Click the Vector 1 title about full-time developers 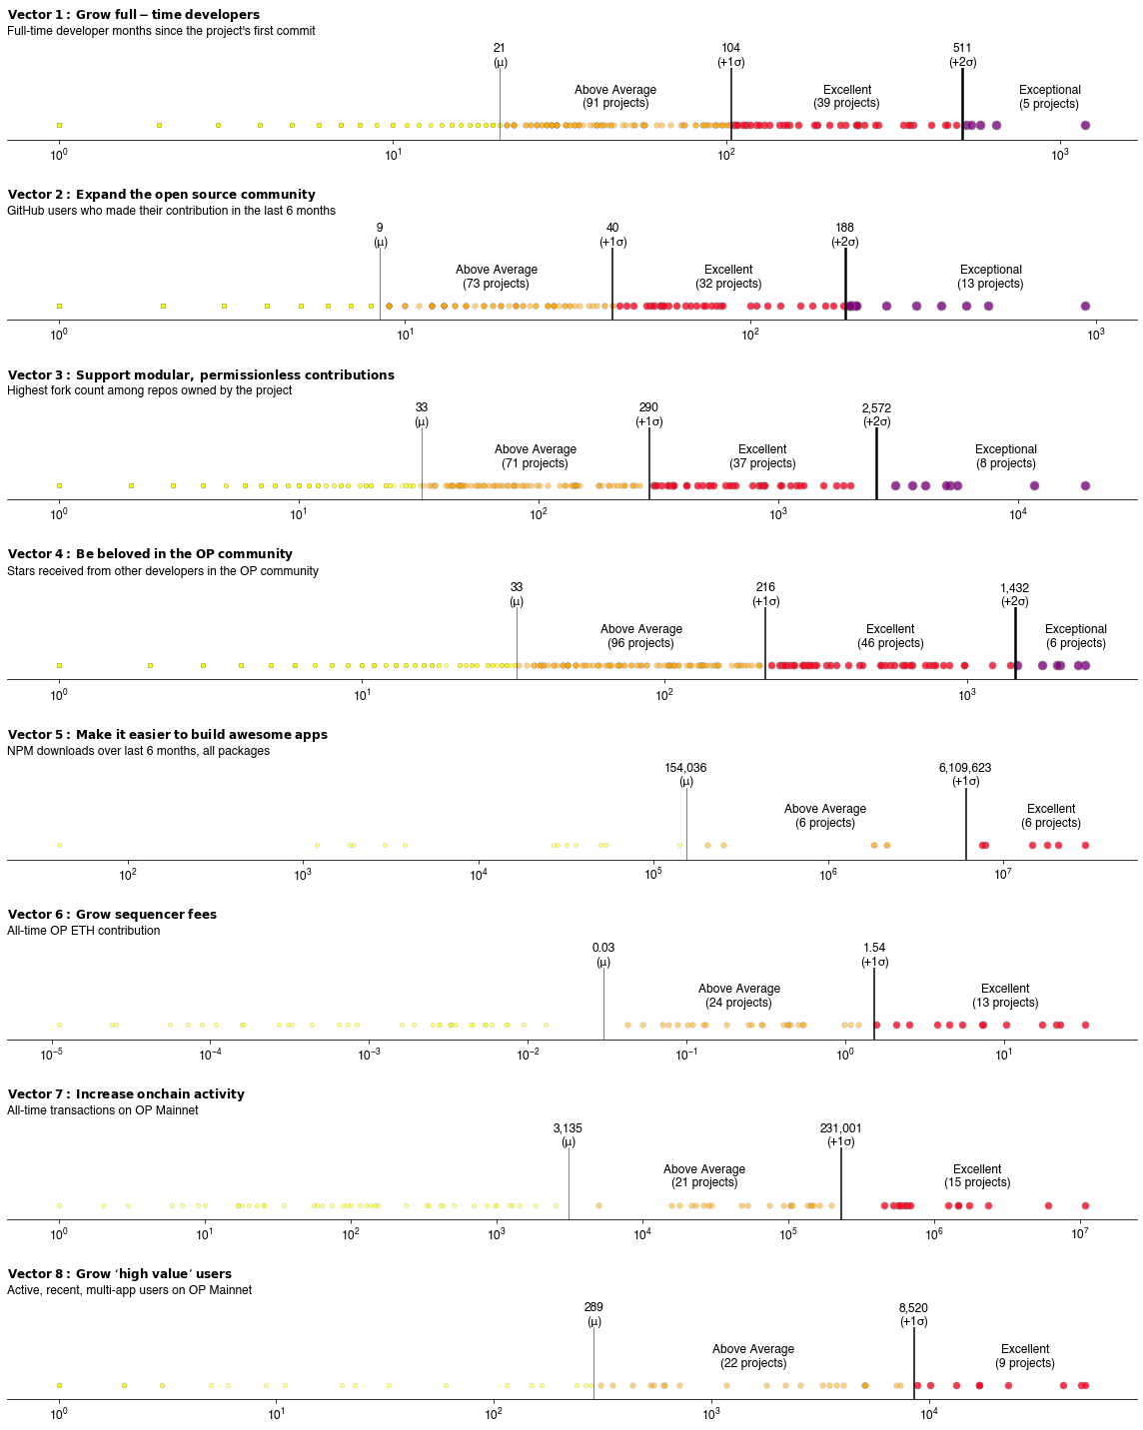click(x=133, y=15)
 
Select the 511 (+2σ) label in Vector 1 click(x=962, y=55)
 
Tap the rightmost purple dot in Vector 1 click(x=1085, y=126)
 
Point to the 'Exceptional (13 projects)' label click(x=990, y=277)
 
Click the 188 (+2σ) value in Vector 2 click(x=844, y=235)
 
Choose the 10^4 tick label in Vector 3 click(x=1017, y=514)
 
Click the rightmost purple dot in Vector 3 click(x=1085, y=486)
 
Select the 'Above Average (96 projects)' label click(x=640, y=636)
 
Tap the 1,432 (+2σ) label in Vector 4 click(x=1014, y=595)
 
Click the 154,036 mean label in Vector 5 click(x=685, y=775)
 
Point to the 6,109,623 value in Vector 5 click(x=965, y=775)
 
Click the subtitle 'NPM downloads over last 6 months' click(x=138, y=751)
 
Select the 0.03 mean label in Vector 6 click(x=603, y=955)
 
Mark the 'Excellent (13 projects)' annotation click(x=1005, y=996)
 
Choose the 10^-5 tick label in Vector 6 click(x=52, y=1055)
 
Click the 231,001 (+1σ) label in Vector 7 click(x=840, y=1135)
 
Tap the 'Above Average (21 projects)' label click(x=704, y=1176)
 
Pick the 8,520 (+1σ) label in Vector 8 click(x=913, y=1314)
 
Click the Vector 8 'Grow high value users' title click(x=120, y=1274)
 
